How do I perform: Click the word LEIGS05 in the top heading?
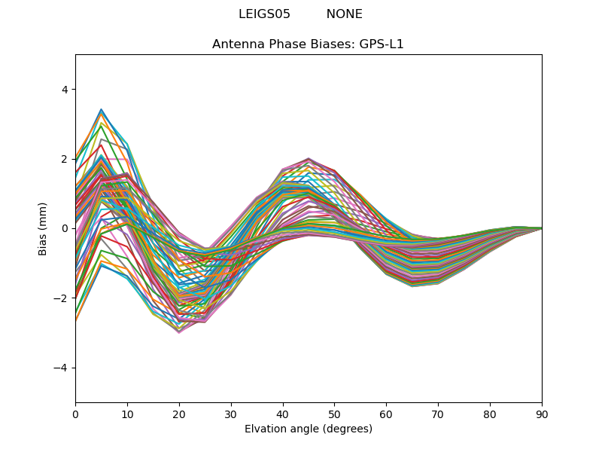[x=264, y=14]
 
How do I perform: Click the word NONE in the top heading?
[x=344, y=14]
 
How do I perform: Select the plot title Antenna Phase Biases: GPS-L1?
[x=308, y=44]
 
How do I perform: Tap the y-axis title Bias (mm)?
[x=43, y=228]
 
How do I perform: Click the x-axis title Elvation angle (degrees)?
[x=308, y=429]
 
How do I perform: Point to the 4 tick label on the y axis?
[x=64, y=90]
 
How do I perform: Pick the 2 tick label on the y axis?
[x=64, y=159]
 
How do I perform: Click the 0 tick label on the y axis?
[x=64, y=228]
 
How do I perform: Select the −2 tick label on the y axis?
[x=61, y=298]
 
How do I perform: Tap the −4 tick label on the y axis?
[x=61, y=368]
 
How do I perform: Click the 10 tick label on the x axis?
[x=127, y=414]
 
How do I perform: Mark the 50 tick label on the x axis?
[x=334, y=414]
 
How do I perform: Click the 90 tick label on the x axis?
[x=541, y=414]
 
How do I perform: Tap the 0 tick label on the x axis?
[x=75, y=414]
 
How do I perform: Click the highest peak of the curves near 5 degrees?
[x=101, y=109]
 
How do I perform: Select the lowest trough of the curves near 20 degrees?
[x=179, y=332]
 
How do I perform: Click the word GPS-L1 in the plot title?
[x=384, y=44]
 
